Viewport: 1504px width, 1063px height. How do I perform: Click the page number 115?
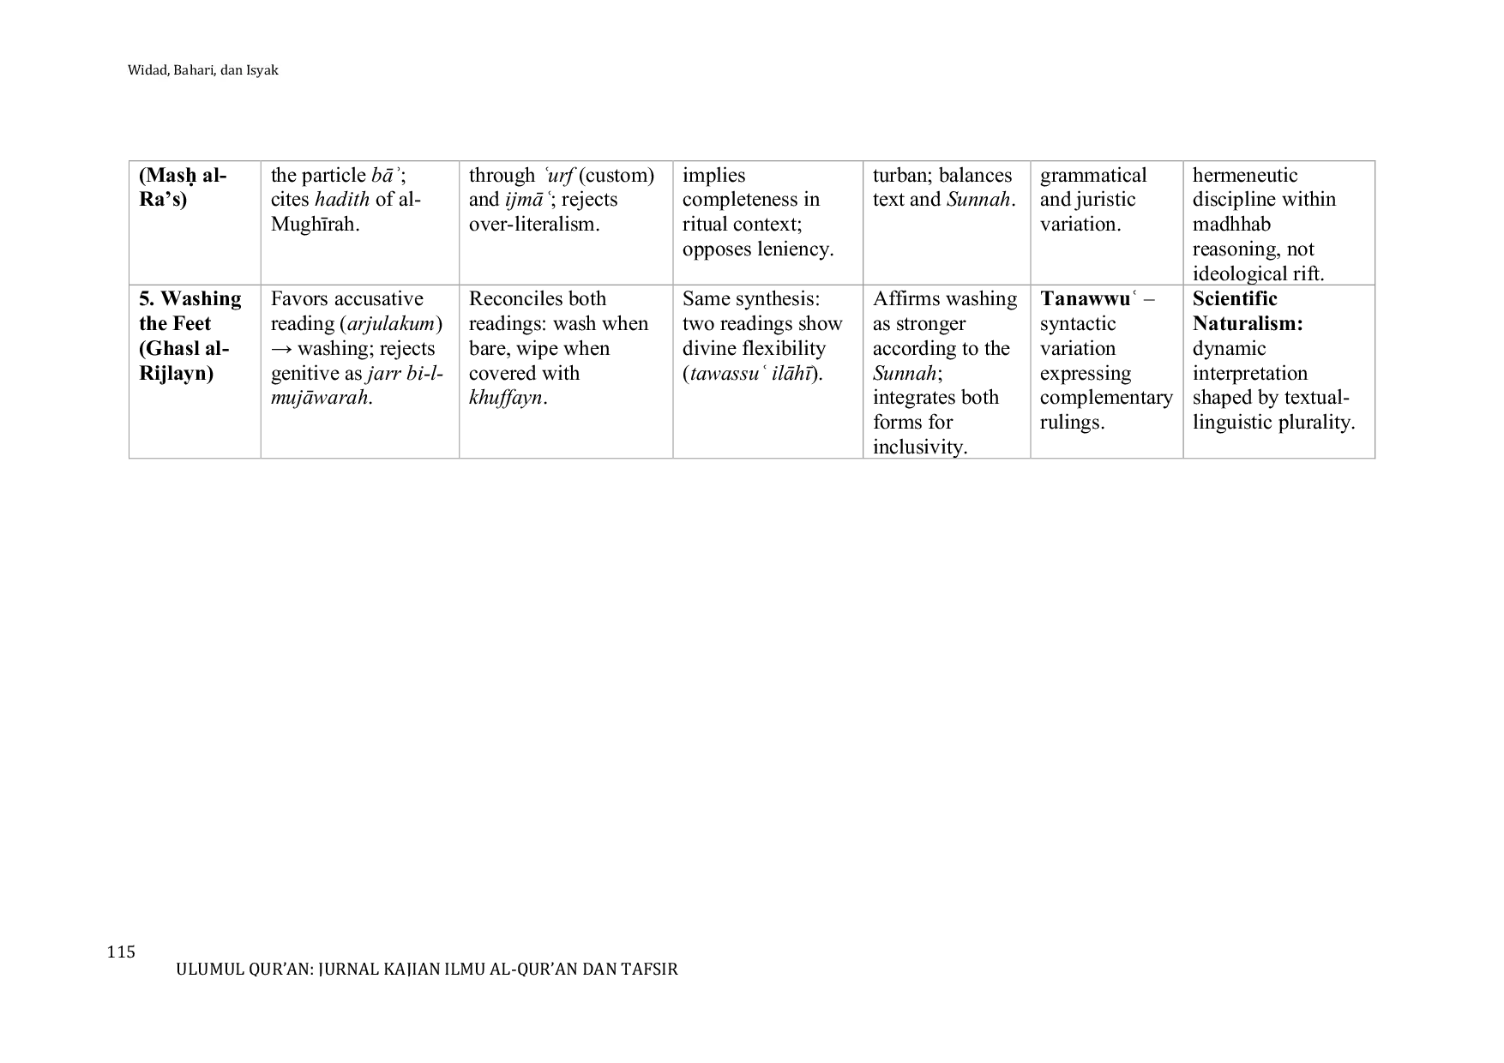(121, 952)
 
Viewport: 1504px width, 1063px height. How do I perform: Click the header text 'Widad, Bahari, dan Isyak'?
(203, 70)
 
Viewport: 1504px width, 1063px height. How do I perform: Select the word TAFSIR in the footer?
(653, 970)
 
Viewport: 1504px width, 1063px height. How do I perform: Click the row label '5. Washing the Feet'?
(190, 311)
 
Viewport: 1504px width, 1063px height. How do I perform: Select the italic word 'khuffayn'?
(506, 399)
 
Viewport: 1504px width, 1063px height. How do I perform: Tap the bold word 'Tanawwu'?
(1085, 299)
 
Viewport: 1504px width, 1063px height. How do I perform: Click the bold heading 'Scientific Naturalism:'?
(1248, 311)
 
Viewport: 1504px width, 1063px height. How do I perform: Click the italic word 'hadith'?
(342, 200)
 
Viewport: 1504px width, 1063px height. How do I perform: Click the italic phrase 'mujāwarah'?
(319, 399)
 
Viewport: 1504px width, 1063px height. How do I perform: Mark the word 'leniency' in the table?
(792, 249)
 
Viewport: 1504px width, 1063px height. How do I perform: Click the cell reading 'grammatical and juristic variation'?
(1093, 200)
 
